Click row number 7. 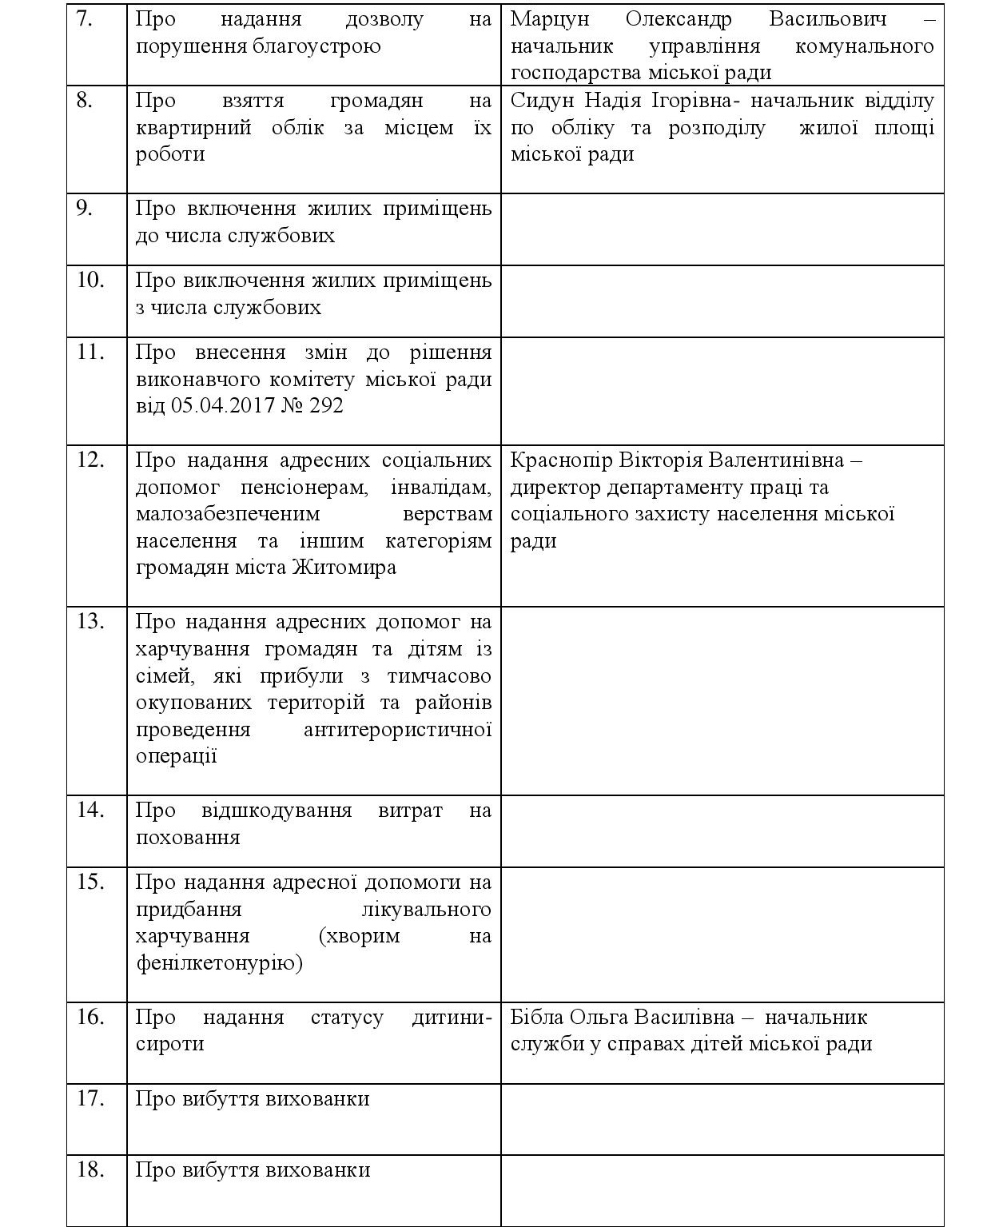[x=85, y=20]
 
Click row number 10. [x=90, y=281]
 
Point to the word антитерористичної [x=398, y=730]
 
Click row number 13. [x=90, y=622]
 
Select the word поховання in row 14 [x=188, y=839]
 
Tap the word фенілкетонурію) [x=219, y=964]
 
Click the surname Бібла [x=537, y=1018]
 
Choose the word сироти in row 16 [x=170, y=1045]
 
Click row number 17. [x=90, y=1099]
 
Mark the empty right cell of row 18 [x=722, y=1190]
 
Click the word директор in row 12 [x=555, y=488]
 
